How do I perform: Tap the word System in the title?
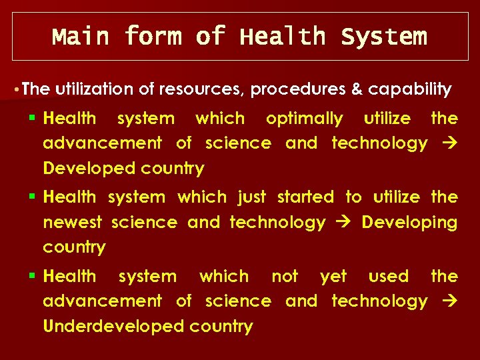click(383, 36)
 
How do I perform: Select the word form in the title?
click(153, 36)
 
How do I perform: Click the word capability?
click(409, 89)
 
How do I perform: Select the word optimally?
click(304, 119)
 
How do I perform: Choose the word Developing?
click(409, 222)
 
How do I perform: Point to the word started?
click(305, 197)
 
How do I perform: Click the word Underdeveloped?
click(114, 326)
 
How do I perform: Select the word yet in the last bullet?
click(333, 276)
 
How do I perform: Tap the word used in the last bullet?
click(389, 276)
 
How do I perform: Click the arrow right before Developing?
click(343, 223)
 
